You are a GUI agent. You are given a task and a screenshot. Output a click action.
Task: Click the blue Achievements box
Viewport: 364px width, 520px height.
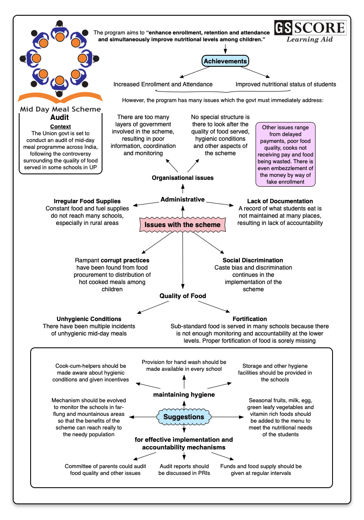(225, 61)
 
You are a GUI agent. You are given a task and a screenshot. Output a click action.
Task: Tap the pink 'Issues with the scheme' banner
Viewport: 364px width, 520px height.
(182, 224)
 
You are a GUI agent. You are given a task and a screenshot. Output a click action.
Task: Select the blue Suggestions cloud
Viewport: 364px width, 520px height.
(184, 417)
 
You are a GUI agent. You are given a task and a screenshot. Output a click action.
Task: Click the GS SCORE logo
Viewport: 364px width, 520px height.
(310, 31)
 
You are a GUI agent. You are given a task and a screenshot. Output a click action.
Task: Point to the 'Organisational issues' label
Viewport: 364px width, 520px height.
(183, 178)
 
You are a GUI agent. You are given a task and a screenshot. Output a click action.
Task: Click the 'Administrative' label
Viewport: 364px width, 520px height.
(183, 199)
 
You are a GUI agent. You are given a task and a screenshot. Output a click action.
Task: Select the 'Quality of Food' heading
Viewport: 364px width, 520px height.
(183, 296)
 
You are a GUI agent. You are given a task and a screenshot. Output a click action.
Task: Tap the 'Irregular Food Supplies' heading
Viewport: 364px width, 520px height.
(87, 201)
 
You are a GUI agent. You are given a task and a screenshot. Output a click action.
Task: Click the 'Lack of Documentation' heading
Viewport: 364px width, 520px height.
(280, 201)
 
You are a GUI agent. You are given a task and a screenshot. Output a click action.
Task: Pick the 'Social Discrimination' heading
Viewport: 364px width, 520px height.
(253, 260)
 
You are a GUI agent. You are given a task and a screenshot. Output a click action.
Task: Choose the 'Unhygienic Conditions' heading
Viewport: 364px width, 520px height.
(89, 319)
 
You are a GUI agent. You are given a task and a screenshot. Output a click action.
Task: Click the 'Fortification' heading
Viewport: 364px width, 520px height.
(250, 319)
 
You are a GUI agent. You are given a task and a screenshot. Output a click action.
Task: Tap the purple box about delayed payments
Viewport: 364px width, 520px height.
(285, 154)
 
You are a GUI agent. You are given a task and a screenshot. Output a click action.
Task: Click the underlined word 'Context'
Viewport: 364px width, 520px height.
(60, 127)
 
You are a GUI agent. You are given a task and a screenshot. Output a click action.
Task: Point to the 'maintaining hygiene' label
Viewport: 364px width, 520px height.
(184, 395)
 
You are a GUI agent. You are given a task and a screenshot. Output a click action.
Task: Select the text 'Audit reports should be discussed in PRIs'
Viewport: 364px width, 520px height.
(184, 470)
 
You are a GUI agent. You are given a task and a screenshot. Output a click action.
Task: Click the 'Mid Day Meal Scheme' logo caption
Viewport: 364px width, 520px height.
(60, 109)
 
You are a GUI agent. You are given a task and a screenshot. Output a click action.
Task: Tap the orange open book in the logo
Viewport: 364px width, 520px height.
(60, 97)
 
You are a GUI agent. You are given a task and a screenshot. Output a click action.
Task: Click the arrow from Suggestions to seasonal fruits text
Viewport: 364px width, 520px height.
(227, 417)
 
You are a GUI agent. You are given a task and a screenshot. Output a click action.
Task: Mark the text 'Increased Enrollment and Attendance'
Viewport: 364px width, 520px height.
(163, 84)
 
